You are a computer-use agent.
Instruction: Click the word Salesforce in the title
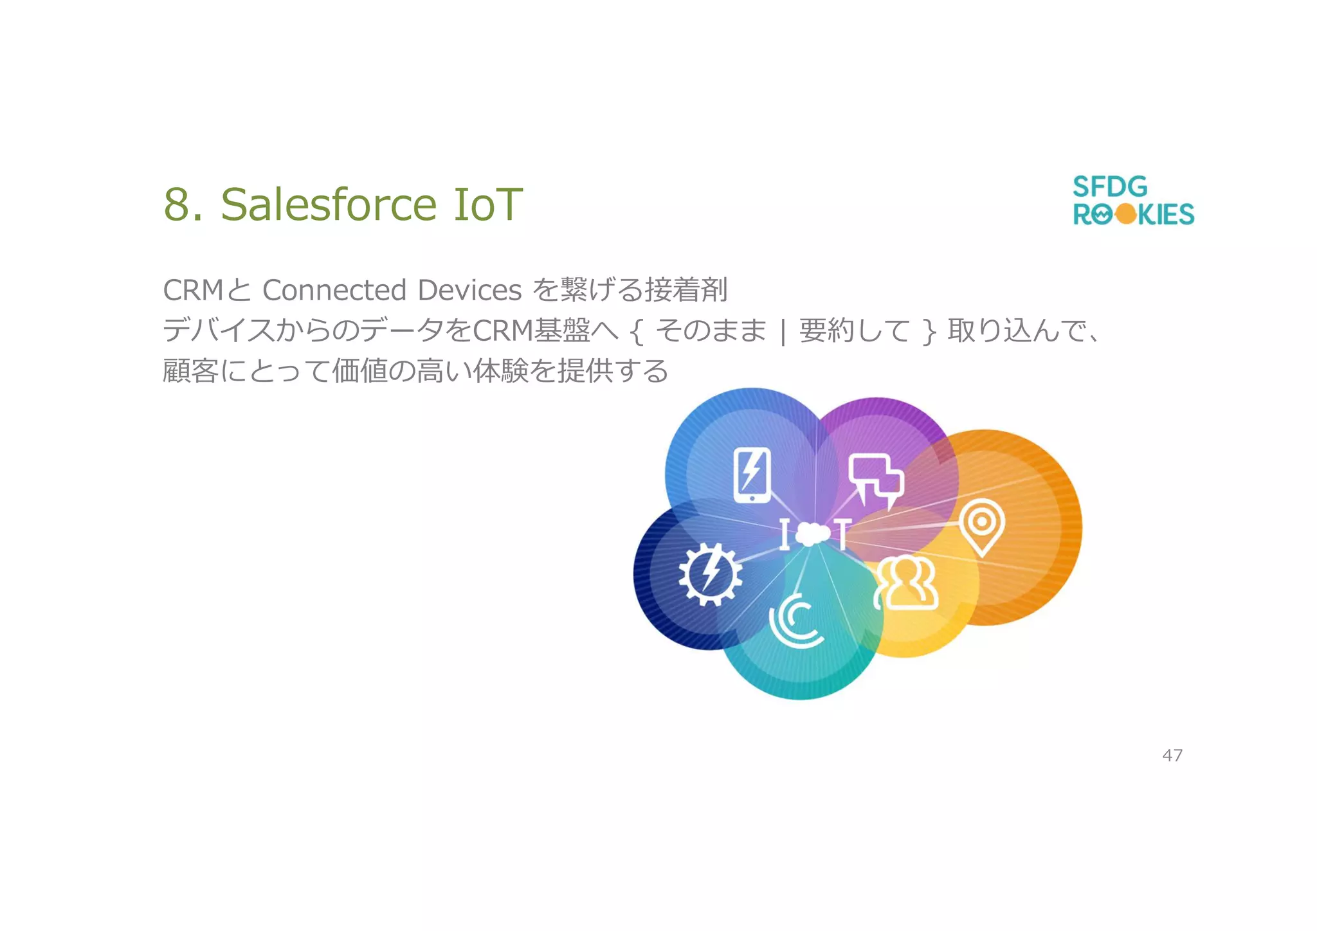[x=329, y=204]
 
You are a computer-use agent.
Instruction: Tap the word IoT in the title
[x=487, y=204]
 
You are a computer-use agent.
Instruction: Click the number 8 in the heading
[x=176, y=204]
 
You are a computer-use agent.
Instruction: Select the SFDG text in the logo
[x=1110, y=187]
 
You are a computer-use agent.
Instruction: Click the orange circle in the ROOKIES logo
[x=1126, y=214]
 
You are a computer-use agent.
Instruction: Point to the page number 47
[x=1172, y=755]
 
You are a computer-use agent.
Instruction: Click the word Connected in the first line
[x=333, y=290]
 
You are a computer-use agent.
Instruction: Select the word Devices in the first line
[x=469, y=290]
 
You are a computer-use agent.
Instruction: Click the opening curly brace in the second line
[x=637, y=332]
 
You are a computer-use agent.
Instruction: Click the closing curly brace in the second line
[x=929, y=332]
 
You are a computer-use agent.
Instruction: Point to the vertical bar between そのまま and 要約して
[x=783, y=332]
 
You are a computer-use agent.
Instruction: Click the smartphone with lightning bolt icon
[x=752, y=475]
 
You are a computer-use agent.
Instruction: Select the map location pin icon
[x=981, y=526]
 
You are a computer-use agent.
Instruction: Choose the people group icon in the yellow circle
[x=907, y=583]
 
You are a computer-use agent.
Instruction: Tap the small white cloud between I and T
[x=813, y=534]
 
